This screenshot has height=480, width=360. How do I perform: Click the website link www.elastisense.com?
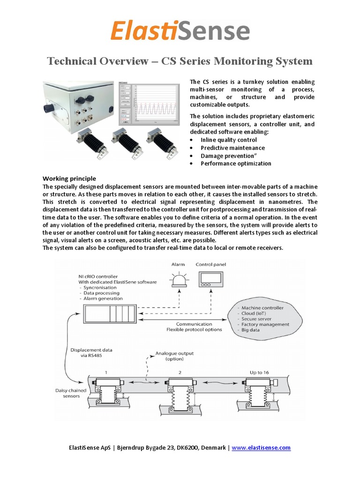[261, 448]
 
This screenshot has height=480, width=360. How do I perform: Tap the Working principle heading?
[69, 179]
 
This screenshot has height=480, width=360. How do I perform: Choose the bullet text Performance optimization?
[236, 164]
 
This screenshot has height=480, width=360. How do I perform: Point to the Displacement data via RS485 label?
[91, 352]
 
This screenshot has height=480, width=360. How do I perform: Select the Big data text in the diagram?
[251, 330]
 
